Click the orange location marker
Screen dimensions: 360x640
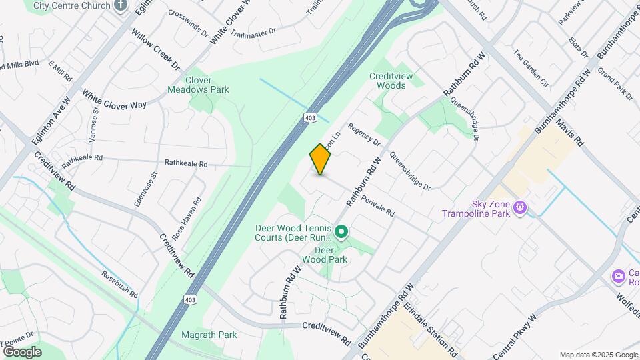pyautogui.click(x=321, y=159)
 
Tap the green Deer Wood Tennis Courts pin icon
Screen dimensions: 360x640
pyautogui.click(x=341, y=232)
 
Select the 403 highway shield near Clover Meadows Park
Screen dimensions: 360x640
pyautogui.click(x=309, y=118)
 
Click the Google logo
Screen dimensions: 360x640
pyautogui.click(x=22, y=351)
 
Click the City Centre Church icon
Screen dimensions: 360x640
pyautogui.click(x=120, y=6)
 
